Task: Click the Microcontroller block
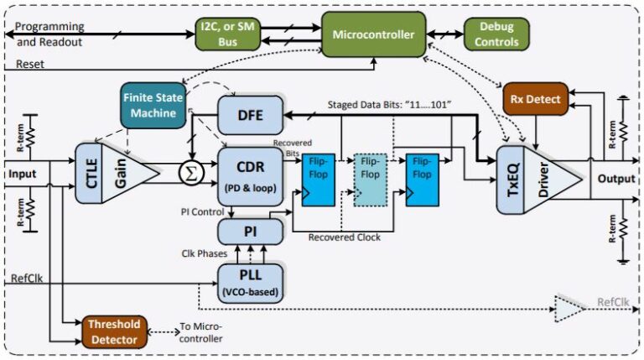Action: point(373,35)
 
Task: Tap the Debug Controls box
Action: point(497,34)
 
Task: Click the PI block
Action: point(249,228)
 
